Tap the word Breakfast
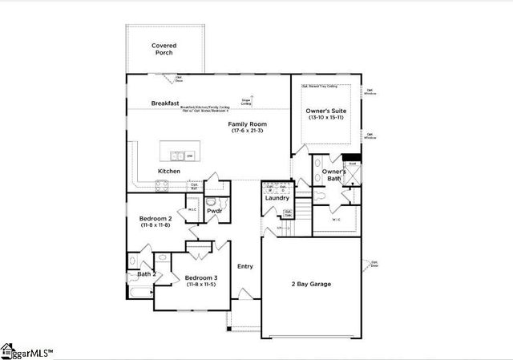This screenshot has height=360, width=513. tap(164, 103)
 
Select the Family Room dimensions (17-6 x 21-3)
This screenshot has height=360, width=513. tap(247, 131)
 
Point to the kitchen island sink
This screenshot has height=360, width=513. tap(177, 156)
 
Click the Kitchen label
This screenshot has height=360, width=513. tap(168, 172)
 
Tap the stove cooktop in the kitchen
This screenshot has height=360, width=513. tap(161, 184)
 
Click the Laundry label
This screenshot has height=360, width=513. tap(277, 197)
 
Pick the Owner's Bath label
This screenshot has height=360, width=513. tap(334, 176)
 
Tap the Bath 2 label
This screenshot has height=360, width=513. tap(145, 274)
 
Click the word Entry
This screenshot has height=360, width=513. tap(245, 266)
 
